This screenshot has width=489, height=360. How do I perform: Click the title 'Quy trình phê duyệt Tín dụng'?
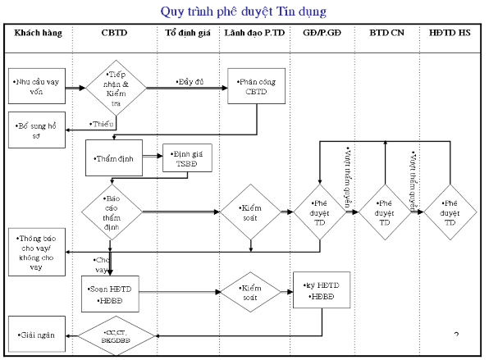coord(244,11)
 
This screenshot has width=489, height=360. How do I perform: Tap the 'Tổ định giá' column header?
coord(183,34)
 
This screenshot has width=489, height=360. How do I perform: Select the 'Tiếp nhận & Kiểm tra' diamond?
coord(116,87)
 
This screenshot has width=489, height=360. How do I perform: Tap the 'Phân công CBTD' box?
coord(258,87)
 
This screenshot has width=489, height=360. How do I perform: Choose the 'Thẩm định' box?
coord(113,157)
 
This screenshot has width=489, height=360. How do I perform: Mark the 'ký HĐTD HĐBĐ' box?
coord(322,289)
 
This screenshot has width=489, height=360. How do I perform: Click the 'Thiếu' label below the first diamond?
coord(102,123)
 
